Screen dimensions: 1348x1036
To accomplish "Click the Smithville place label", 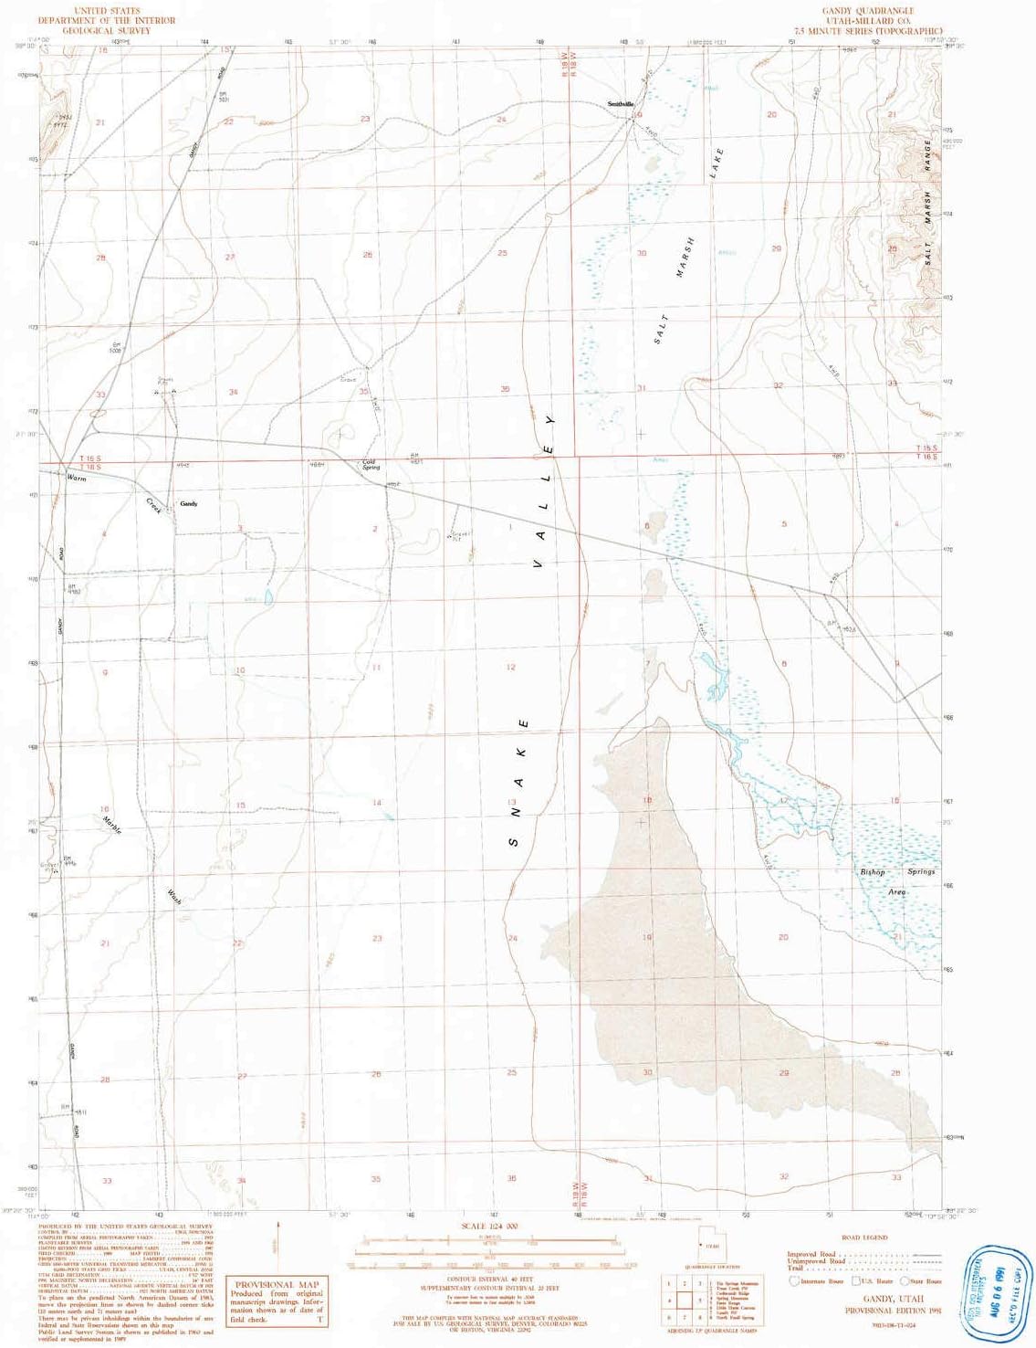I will pyautogui.click(x=621, y=104).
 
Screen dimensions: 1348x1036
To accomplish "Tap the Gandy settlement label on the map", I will pyautogui.click(x=189, y=504).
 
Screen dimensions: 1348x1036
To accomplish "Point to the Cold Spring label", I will pyautogui.click(x=370, y=464).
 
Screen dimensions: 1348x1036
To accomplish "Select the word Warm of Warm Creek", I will pyautogui.click(x=76, y=477).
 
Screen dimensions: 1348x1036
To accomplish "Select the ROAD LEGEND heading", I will pyautogui.click(x=863, y=1237).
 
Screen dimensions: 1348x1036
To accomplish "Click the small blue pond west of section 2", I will pyautogui.click(x=268, y=599).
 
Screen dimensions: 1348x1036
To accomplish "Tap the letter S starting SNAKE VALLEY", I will pyautogui.click(x=513, y=841).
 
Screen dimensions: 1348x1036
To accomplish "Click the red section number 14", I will pyautogui.click(x=376, y=803).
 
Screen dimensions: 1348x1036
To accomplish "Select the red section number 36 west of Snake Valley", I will pyautogui.click(x=505, y=390).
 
